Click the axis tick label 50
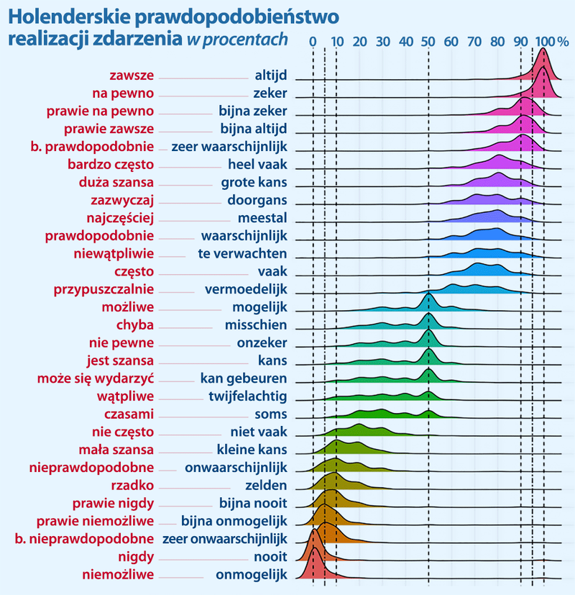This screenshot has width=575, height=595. [x=428, y=40]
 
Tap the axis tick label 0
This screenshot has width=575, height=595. [x=313, y=40]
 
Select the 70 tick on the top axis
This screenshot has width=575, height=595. [x=475, y=40]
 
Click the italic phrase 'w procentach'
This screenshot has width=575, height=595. [x=236, y=39]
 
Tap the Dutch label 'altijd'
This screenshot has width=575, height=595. [x=271, y=75]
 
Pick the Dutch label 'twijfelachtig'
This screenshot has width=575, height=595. [x=248, y=396]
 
